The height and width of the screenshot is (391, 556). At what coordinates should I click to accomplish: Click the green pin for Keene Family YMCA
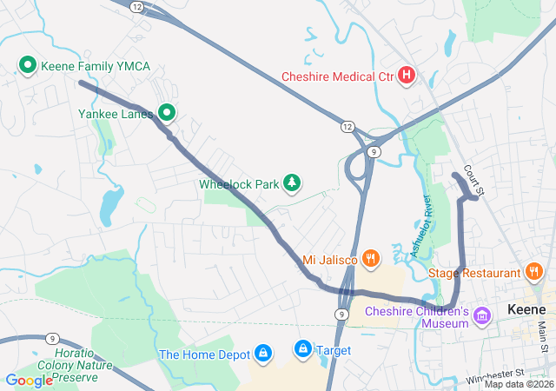pos(27,65)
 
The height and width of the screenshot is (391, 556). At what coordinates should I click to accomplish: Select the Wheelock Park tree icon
pos(294,182)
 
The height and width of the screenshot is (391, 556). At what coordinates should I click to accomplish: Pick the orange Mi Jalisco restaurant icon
pos(371,257)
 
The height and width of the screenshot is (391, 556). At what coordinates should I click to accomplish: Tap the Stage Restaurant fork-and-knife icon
pos(534,272)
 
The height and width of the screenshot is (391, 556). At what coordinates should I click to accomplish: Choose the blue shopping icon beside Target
pos(302,349)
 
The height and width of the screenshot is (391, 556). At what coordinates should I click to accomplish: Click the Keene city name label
pos(526,310)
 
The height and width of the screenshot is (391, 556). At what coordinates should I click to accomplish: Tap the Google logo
pos(29,380)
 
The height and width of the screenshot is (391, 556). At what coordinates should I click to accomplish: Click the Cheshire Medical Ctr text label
pos(337,76)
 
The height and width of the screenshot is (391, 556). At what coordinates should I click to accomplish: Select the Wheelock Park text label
pos(240,183)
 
